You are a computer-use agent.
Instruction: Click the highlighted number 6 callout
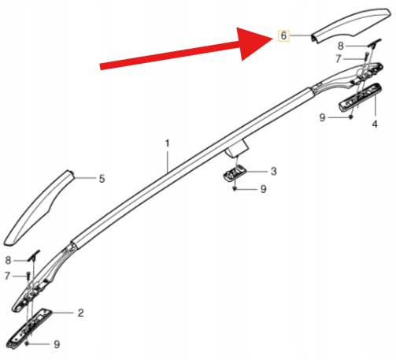click(283, 35)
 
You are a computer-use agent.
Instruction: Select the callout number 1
click(167, 143)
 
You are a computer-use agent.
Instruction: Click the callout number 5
click(102, 179)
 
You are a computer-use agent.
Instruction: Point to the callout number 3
click(273, 171)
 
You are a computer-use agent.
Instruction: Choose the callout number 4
click(375, 124)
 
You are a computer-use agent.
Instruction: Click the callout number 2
click(80, 313)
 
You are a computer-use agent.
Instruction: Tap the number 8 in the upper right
click(340, 46)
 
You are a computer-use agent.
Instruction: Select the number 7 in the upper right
click(339, 59)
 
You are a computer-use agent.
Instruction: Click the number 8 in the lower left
click(8, 260)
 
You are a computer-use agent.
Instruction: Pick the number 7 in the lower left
click(7, 276)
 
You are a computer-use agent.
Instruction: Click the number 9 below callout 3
click(263, 189)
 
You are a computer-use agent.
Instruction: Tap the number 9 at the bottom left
click(57, 344)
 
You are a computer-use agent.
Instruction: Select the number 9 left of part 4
click(322, 117)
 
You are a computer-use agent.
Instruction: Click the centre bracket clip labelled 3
click(235, 173)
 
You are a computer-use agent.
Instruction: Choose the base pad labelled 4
click(360, 97)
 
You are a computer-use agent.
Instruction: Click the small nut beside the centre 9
click(235, 189)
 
